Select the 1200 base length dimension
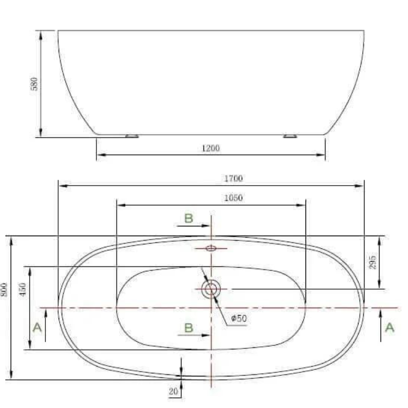[211, 148]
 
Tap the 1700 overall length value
[233, 178]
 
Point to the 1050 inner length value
[233, 198]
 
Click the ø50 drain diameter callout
[239, 318]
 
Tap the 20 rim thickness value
[173, 392]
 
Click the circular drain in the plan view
[211, 289]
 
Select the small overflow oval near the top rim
[211, 248]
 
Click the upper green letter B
[189, 218]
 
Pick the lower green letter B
[189, 327]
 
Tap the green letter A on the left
[37, 327]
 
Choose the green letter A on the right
[390, 327]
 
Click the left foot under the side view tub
[132, 136]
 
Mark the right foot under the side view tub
[290, 136]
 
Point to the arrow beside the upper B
[199, 225]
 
